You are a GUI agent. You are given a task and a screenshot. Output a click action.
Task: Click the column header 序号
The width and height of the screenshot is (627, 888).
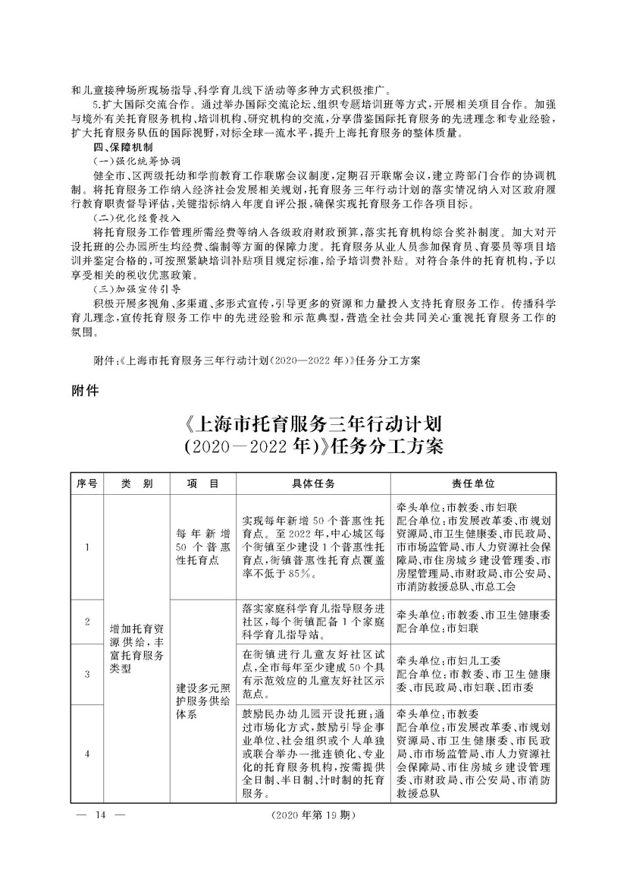(88, 483)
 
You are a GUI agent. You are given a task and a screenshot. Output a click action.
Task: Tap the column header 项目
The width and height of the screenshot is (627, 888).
(202, 483)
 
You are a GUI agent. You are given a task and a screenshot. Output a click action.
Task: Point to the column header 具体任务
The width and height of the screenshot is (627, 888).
(313, 483)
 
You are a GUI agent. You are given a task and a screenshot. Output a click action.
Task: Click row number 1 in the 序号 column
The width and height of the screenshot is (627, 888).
(88, 547)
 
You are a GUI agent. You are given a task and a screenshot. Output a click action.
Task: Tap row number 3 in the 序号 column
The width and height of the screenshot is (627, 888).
(88, 673)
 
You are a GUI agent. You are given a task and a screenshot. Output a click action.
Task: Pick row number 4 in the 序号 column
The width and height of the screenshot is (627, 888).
(88, 754)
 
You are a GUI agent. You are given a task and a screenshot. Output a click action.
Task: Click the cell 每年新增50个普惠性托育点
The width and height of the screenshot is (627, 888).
(202, 547)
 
